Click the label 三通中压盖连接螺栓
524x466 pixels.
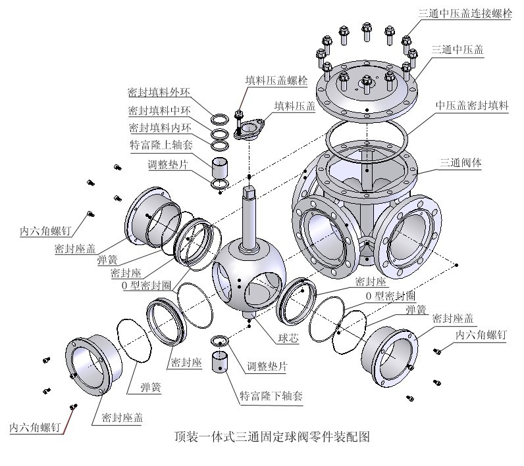coord(465,13)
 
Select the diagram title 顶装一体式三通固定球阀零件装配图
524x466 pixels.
coord(271,436)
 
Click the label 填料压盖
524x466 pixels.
coord(294,105)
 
